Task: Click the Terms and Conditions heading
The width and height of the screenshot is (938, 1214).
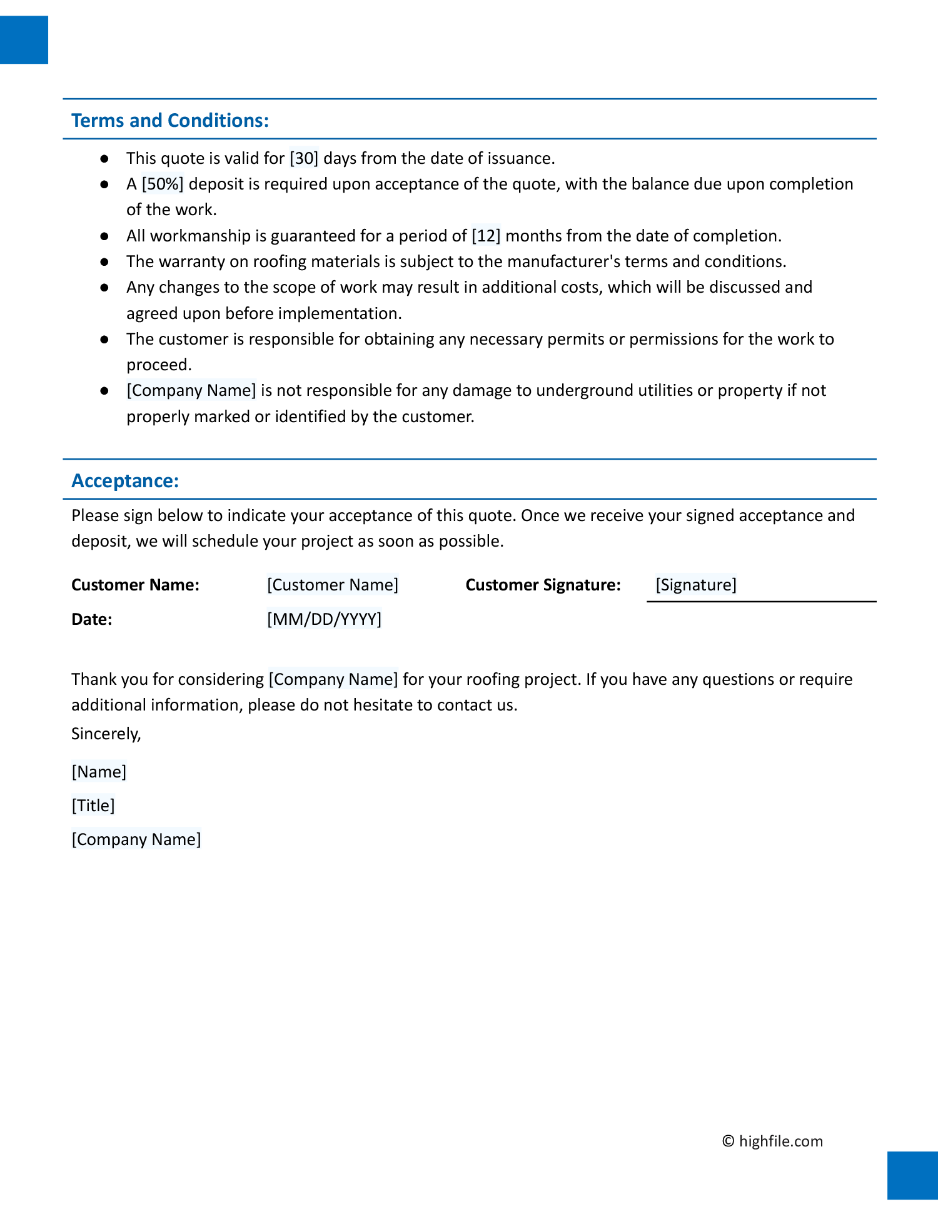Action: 170,120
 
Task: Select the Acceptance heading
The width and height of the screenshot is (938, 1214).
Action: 125,480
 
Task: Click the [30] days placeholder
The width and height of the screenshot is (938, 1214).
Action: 304,158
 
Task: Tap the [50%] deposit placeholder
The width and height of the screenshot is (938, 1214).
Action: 163,184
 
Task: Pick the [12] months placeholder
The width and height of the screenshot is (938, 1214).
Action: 486,236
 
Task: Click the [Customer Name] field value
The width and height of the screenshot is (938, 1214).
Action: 332,585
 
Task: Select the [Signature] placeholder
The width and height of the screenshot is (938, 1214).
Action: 696,585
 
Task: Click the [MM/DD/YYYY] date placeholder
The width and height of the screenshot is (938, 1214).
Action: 324,619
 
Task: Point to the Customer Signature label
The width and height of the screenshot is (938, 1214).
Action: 543,585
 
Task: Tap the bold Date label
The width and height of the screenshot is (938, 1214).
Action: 92,619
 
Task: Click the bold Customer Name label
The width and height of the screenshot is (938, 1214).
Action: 135,585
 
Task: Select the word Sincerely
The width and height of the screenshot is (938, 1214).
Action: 106,734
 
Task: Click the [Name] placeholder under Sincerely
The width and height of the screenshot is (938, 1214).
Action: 99,772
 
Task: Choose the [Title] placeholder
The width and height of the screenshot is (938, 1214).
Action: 93,806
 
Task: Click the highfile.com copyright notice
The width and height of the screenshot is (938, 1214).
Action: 772,1141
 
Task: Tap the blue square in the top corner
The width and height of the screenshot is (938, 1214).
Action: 24,40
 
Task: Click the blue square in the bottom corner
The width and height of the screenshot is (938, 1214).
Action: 912,1175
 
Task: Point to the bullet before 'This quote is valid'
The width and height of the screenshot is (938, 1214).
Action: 104,159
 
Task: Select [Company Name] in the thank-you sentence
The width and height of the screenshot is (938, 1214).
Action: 333,679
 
